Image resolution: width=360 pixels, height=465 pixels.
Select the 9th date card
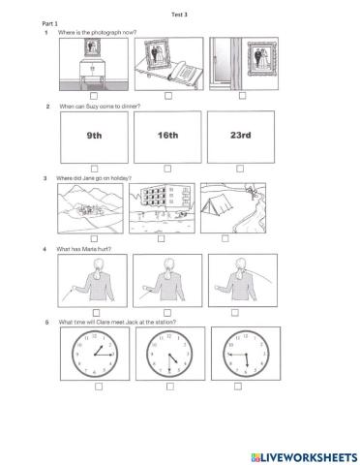tap(94, 136)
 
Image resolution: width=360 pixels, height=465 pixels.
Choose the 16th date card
tap(167, 136)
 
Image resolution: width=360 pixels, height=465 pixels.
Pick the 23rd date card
tap(241, 136)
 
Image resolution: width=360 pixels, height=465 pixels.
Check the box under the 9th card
tap(95, 167)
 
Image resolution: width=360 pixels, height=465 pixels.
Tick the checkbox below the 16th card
tap(168, 167)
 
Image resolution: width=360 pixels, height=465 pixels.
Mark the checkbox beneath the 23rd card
tap(242, 167)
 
